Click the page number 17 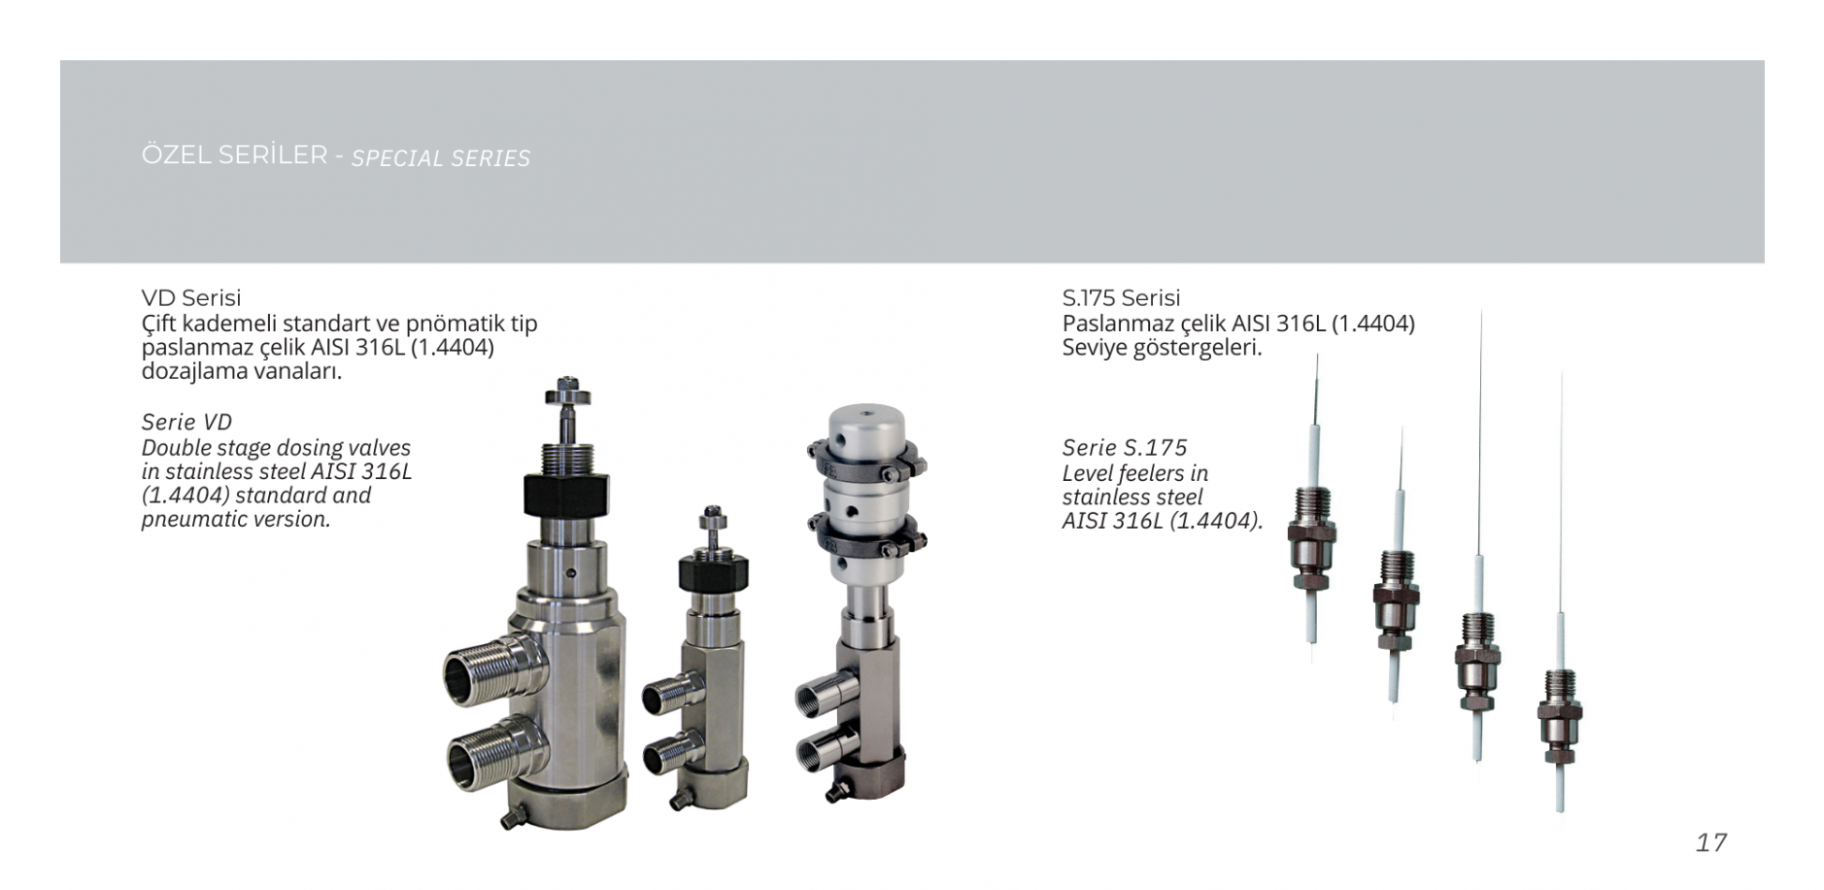tap(1711, 841)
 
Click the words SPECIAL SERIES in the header tap(441, 158)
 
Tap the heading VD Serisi tap(191, 297)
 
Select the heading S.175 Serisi tap(1121, 297)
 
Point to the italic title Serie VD tap(186, 422)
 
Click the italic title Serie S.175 tap(1124, 448)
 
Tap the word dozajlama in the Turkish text tap(190, 371)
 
